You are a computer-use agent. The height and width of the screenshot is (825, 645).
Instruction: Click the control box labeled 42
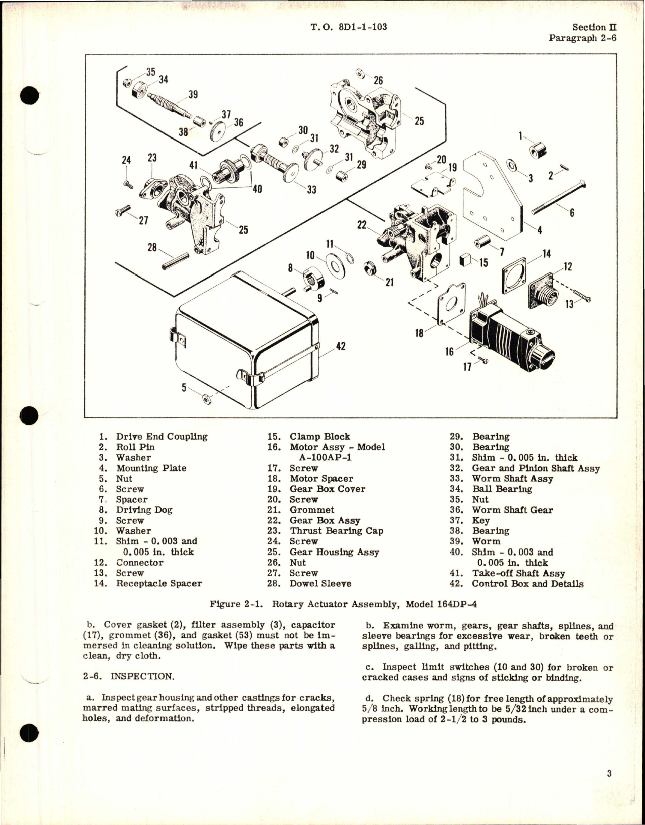click(246, 341)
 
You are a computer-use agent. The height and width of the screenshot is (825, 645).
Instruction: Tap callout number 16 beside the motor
click(449, 351)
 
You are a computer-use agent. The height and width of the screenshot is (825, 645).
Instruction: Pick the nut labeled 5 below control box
click(205, 399)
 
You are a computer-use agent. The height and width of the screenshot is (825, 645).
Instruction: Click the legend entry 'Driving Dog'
click(144, 510)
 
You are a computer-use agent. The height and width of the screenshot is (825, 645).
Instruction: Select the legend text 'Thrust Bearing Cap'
click(336, 531)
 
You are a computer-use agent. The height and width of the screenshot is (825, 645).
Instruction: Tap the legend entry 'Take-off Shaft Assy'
click(518, 573)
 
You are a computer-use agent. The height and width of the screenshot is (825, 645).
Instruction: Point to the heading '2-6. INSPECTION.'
click(128, 676)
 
